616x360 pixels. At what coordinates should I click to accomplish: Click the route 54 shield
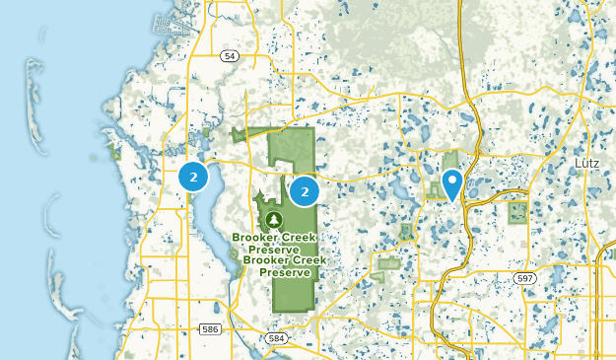(x=230, y=57)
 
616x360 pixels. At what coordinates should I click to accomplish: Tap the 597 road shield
(x=525, y=279)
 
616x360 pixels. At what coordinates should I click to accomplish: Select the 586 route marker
(x=208, y=326)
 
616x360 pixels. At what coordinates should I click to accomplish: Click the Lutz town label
(x=588, y=161)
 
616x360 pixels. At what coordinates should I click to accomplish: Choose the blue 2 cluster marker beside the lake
(x=194, y=178)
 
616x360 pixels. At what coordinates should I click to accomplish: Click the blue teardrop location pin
(x=452, y=183)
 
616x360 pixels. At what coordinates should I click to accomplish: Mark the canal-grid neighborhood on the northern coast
(x=168, y=25)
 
